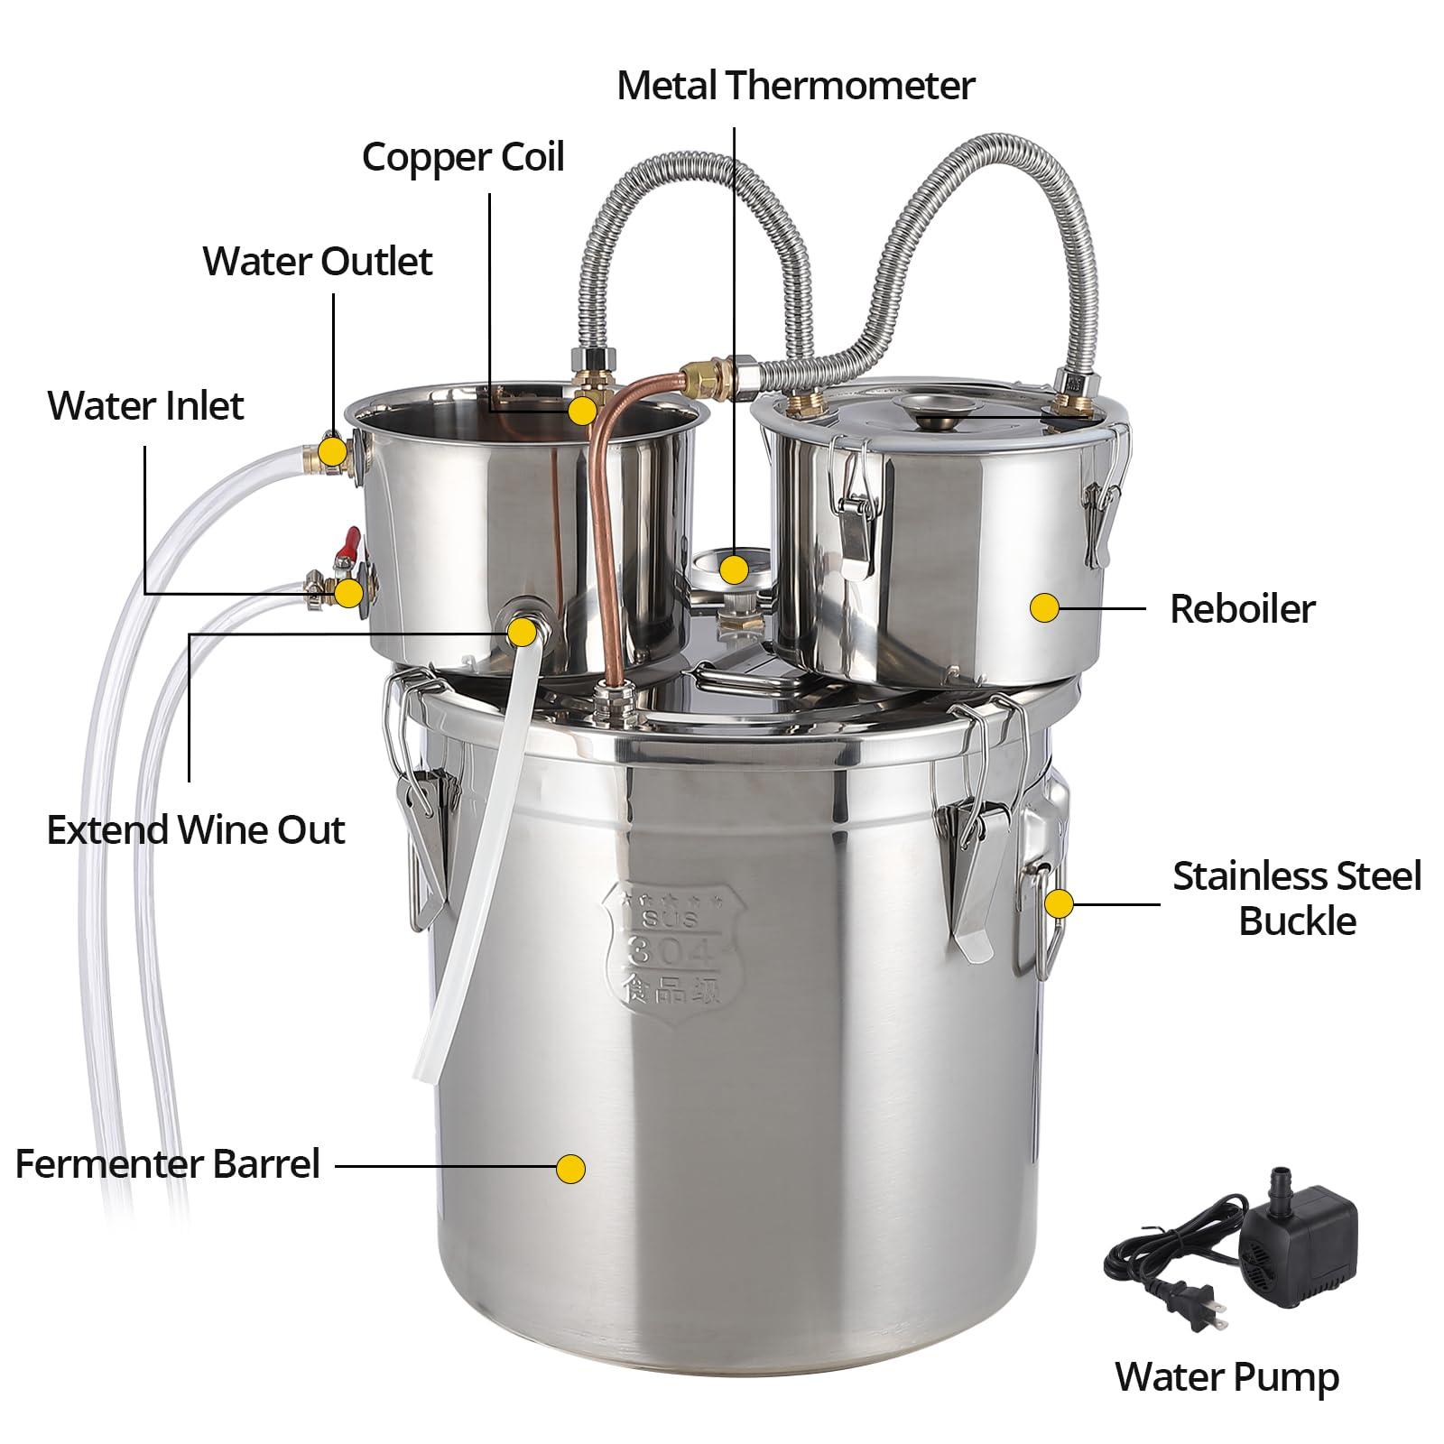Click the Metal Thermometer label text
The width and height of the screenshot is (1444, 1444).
click(x=796, y=86)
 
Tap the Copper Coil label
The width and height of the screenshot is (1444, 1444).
click(x=463, y=157)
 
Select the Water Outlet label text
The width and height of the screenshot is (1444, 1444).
click(x=318, y=261)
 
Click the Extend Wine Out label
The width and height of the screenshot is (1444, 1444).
click(x=196, y=830)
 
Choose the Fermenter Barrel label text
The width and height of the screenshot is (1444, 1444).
click(x=168, y=1164)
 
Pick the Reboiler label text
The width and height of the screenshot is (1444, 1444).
click(x=1243, y=609)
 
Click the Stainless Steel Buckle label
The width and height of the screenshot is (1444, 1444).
click(x=1297, y=899)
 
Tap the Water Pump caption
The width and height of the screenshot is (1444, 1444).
click(x=1227, y=1377)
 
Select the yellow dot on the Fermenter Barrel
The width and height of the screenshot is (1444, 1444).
click(x=570, y=1169)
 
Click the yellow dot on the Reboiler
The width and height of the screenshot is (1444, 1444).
click(x=1045, y=607)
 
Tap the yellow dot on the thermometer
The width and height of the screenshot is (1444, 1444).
click(x=734, y=569)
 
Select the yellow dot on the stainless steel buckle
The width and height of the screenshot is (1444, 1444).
click(x=1059, y=903)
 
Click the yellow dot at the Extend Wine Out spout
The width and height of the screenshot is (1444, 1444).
click(x=522, y=631)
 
